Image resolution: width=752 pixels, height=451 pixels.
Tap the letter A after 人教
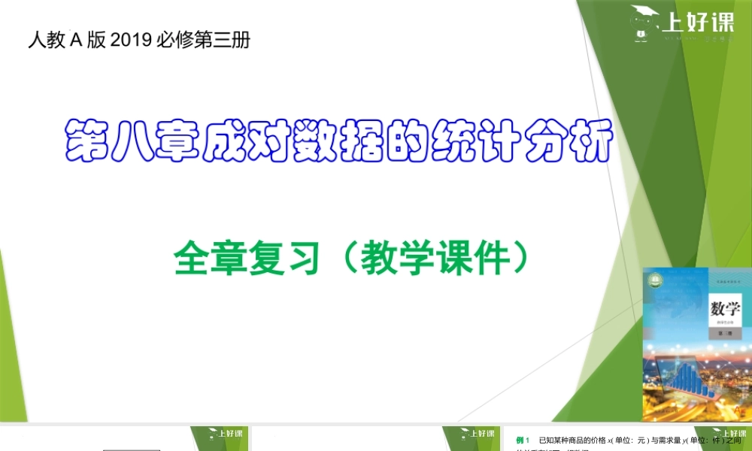tap(75, 40)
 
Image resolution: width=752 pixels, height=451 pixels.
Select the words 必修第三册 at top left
tap(203, 40)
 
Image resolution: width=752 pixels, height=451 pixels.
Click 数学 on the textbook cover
tap(725, 309)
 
